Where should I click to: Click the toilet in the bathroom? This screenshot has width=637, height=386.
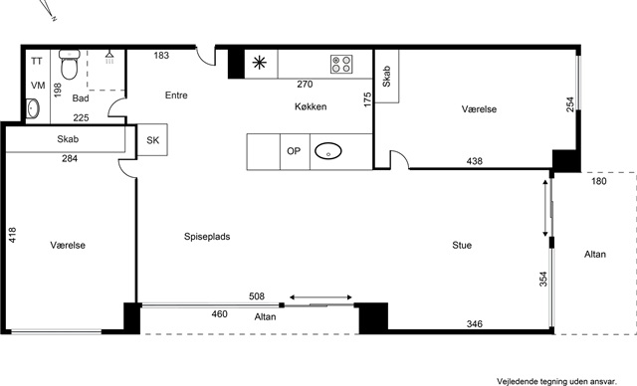70,64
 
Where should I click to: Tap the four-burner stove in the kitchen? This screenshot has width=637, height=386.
341,64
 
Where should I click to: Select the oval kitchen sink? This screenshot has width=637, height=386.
328,151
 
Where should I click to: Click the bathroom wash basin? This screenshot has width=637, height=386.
33,108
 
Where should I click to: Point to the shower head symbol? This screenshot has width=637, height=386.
109,57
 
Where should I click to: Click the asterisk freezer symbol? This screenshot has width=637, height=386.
259,63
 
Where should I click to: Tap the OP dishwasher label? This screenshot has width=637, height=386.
294,151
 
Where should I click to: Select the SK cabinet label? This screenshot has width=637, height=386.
152,140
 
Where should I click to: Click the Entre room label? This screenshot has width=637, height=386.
176,96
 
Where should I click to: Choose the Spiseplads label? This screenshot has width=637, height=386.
207,237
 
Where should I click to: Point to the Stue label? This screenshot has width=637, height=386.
462,245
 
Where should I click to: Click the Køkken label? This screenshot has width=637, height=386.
311,106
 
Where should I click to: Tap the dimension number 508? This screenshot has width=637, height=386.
257,296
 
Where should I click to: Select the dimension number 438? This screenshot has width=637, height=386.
475,161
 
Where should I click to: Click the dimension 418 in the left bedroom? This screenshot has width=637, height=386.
13,235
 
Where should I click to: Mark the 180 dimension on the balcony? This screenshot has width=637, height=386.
599,181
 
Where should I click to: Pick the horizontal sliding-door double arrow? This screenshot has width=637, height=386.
320,297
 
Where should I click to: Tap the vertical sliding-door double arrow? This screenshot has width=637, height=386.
545,208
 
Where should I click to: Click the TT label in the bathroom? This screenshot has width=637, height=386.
37,62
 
